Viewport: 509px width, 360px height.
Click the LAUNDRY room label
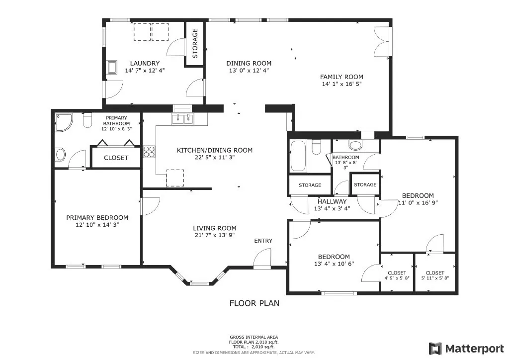[145, 63]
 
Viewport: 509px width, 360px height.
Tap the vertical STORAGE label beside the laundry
[195, 43]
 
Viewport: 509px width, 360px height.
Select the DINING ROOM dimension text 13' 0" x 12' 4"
[249, 71]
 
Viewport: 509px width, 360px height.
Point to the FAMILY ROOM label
[341, 77]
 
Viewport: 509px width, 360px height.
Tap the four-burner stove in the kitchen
[149, 152]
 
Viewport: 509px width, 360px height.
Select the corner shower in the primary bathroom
[63, 122]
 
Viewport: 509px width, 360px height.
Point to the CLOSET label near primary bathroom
[116, 158]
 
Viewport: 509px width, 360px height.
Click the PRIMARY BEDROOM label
[97, 217]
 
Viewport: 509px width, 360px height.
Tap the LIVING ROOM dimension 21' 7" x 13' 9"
[215, 235]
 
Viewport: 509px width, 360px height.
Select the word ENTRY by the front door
[263, 241]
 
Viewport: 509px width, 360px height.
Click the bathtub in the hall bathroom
[298, 156]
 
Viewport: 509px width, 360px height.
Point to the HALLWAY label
[332, 201]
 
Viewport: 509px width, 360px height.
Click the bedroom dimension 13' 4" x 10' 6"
[334, 264]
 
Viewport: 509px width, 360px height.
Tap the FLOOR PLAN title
[254, 303]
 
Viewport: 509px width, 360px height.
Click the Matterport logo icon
[435, 349]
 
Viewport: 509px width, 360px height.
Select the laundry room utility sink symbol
[113, 67]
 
